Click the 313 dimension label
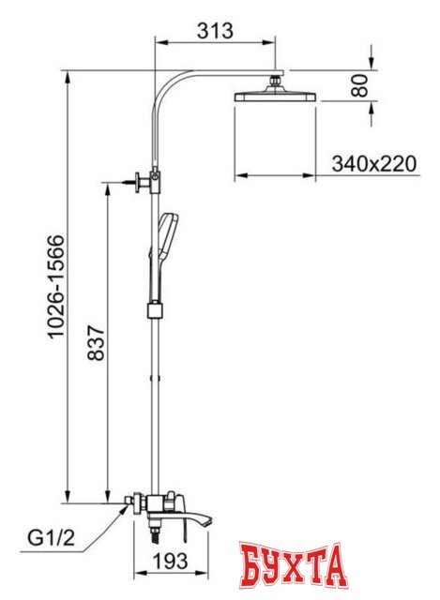[x=215, y=31]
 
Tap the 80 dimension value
[x=359, y=85]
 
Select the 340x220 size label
[x=373, y=165]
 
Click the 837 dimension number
[x=96, y=343]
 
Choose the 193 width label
[x=171, y=561]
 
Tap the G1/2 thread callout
[x=52, y=539]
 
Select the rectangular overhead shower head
[x=275, y=96]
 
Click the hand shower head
[x=168, y=235]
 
